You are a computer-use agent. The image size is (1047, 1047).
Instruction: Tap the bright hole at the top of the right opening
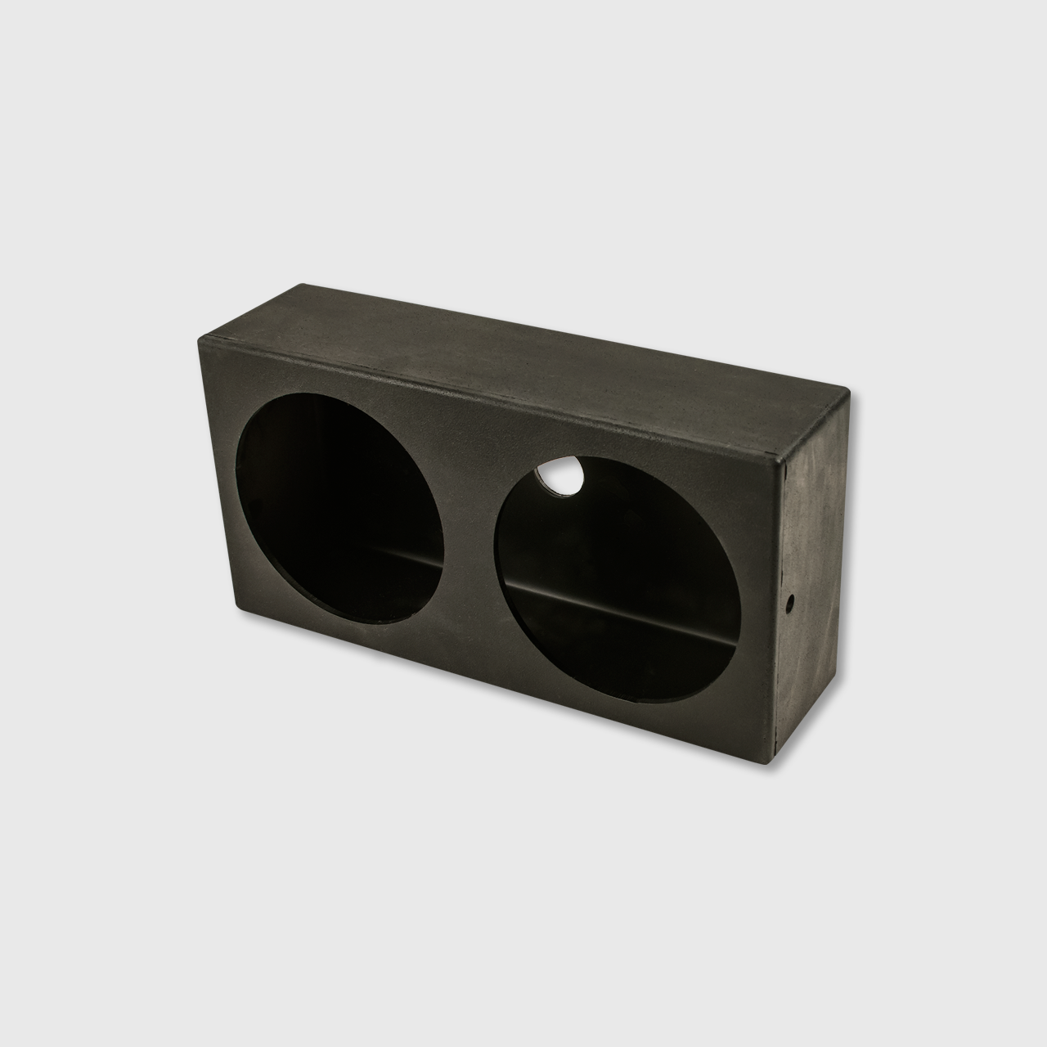[559, 478]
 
